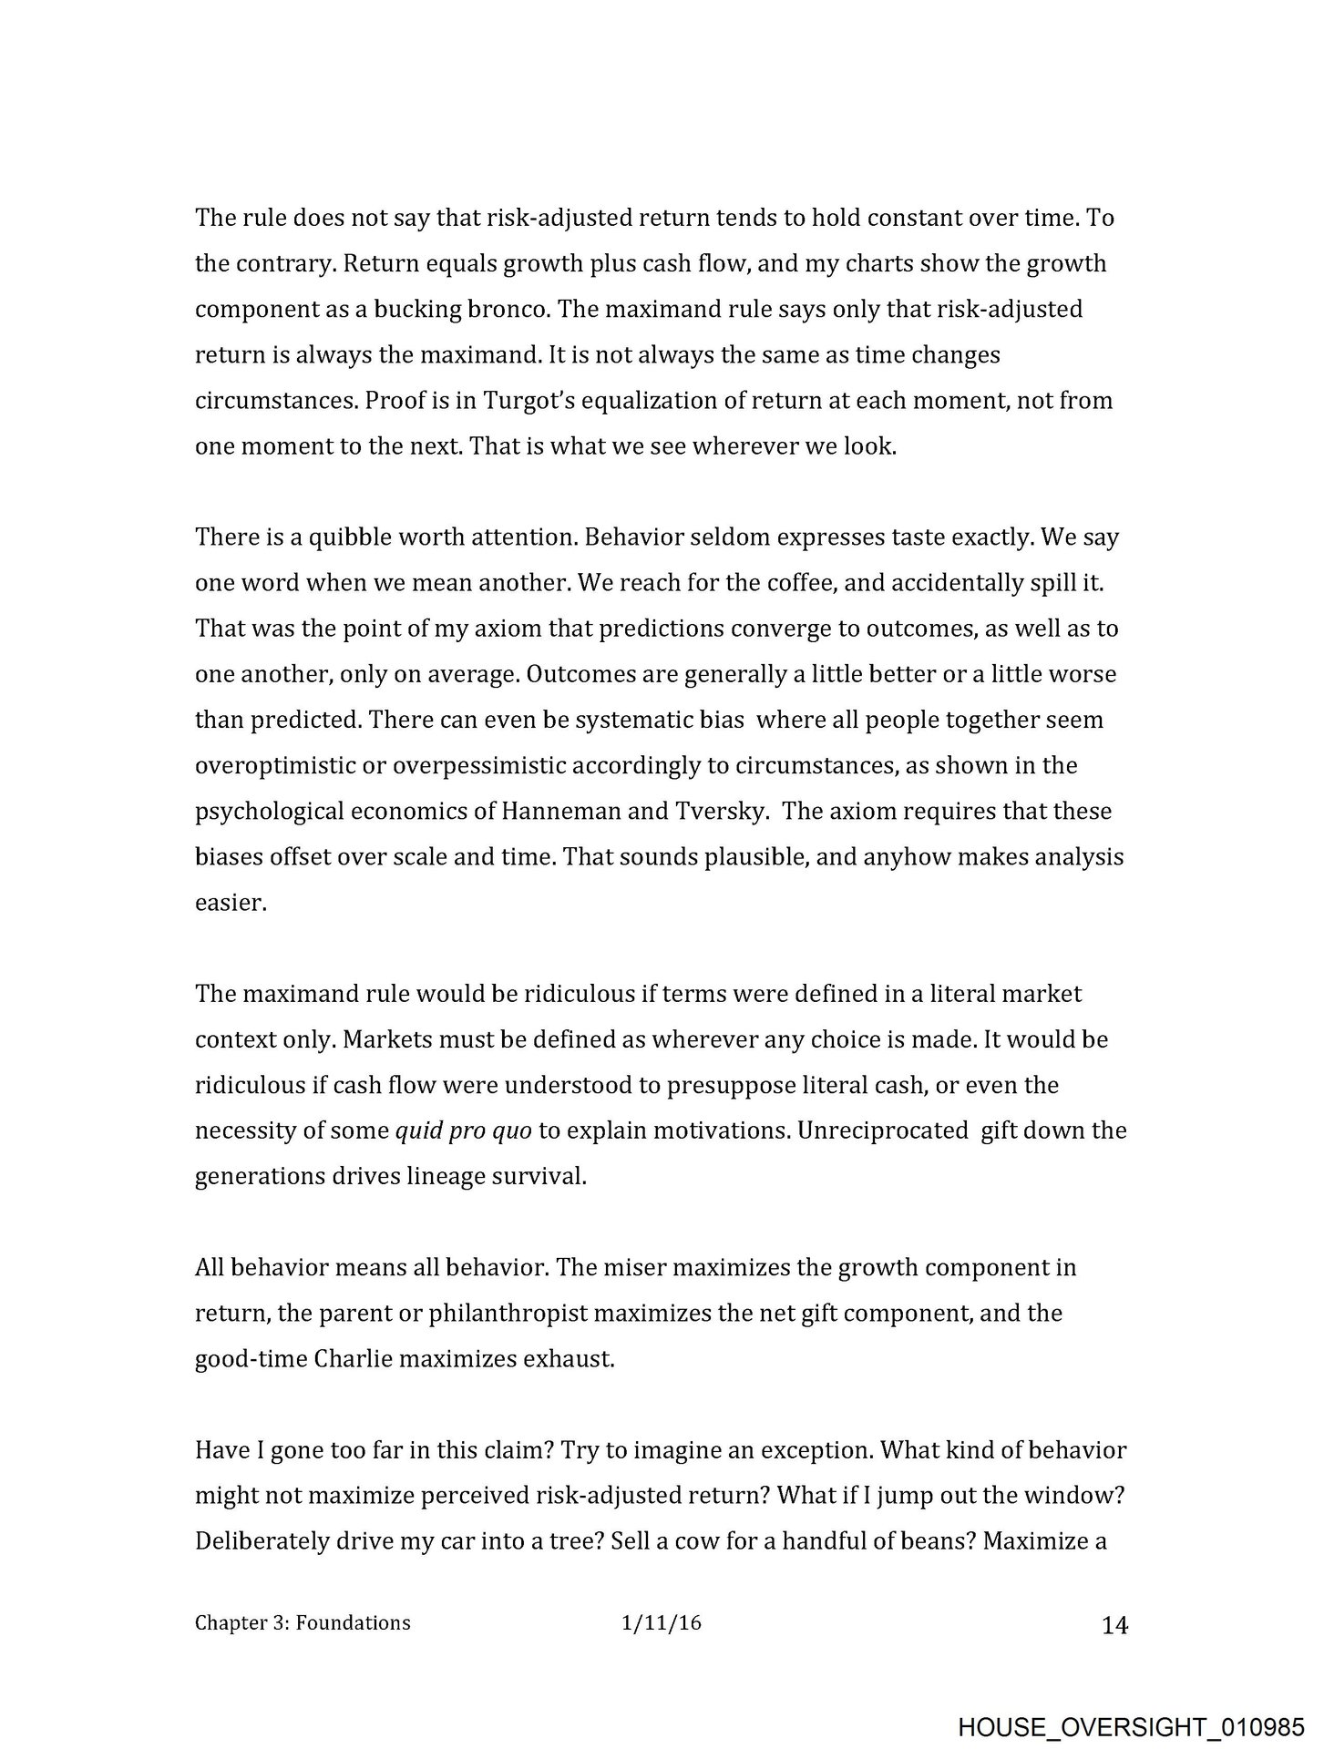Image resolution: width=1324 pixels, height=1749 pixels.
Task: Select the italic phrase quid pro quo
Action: coord(462,1131)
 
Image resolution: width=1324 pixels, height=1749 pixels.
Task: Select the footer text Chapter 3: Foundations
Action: coord(303,1622)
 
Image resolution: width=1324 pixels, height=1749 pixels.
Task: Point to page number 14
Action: coord(1114,1625)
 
